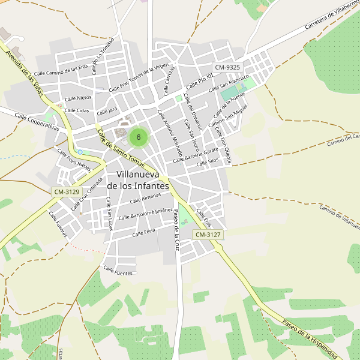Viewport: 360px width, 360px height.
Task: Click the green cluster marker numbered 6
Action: coord(139,137)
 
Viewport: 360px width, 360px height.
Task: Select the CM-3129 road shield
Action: coord(67,191)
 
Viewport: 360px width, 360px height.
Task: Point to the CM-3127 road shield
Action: coord(208,235)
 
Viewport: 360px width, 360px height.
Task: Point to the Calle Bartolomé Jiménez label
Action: coord(146,214)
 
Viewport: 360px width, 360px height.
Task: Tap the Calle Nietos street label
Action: coord(78,98)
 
